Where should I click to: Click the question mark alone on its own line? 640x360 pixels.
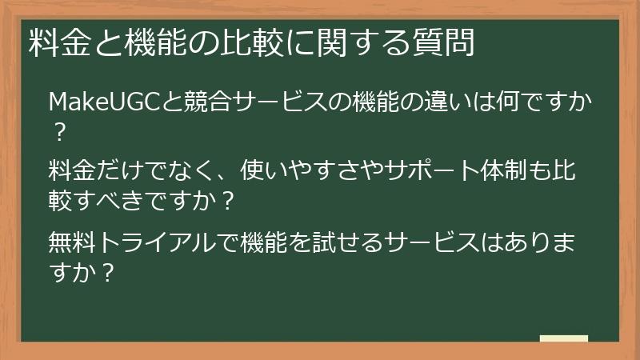coord(58,128)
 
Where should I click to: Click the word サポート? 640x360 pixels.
coord(419,171)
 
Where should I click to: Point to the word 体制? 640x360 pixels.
coord(504,171)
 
